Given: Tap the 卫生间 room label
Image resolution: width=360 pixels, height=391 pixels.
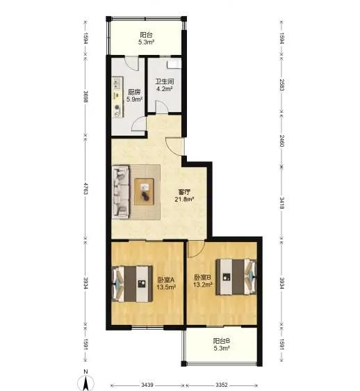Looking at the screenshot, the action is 165,81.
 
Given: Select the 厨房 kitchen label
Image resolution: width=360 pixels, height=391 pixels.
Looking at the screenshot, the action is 134,92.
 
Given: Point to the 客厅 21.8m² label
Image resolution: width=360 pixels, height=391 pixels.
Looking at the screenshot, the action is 185,195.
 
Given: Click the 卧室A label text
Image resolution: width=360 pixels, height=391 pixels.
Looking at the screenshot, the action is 166,280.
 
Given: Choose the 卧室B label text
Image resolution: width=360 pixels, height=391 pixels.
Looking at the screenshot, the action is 203,277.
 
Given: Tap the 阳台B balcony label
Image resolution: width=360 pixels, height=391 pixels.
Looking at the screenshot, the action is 222,341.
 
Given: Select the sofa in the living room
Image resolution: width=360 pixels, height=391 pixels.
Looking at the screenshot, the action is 121,191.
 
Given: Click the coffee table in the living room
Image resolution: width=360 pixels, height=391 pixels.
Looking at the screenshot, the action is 145,192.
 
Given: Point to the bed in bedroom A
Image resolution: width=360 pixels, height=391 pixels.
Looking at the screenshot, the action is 132,284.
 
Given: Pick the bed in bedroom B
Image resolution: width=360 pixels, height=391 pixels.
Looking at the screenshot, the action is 236,277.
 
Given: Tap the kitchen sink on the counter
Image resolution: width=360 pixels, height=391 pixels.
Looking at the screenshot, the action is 117,83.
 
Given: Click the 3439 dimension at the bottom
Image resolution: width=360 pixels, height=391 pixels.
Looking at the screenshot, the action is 147,385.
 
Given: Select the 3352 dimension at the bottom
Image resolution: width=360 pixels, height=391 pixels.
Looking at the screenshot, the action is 222,385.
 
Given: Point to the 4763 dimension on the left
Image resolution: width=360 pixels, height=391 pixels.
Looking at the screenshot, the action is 85,189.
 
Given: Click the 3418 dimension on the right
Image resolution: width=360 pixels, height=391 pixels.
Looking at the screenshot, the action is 281,203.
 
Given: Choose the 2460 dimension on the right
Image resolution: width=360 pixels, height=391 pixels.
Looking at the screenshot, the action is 281,141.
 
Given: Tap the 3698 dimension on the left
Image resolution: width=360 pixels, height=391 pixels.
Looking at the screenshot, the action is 85,96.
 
